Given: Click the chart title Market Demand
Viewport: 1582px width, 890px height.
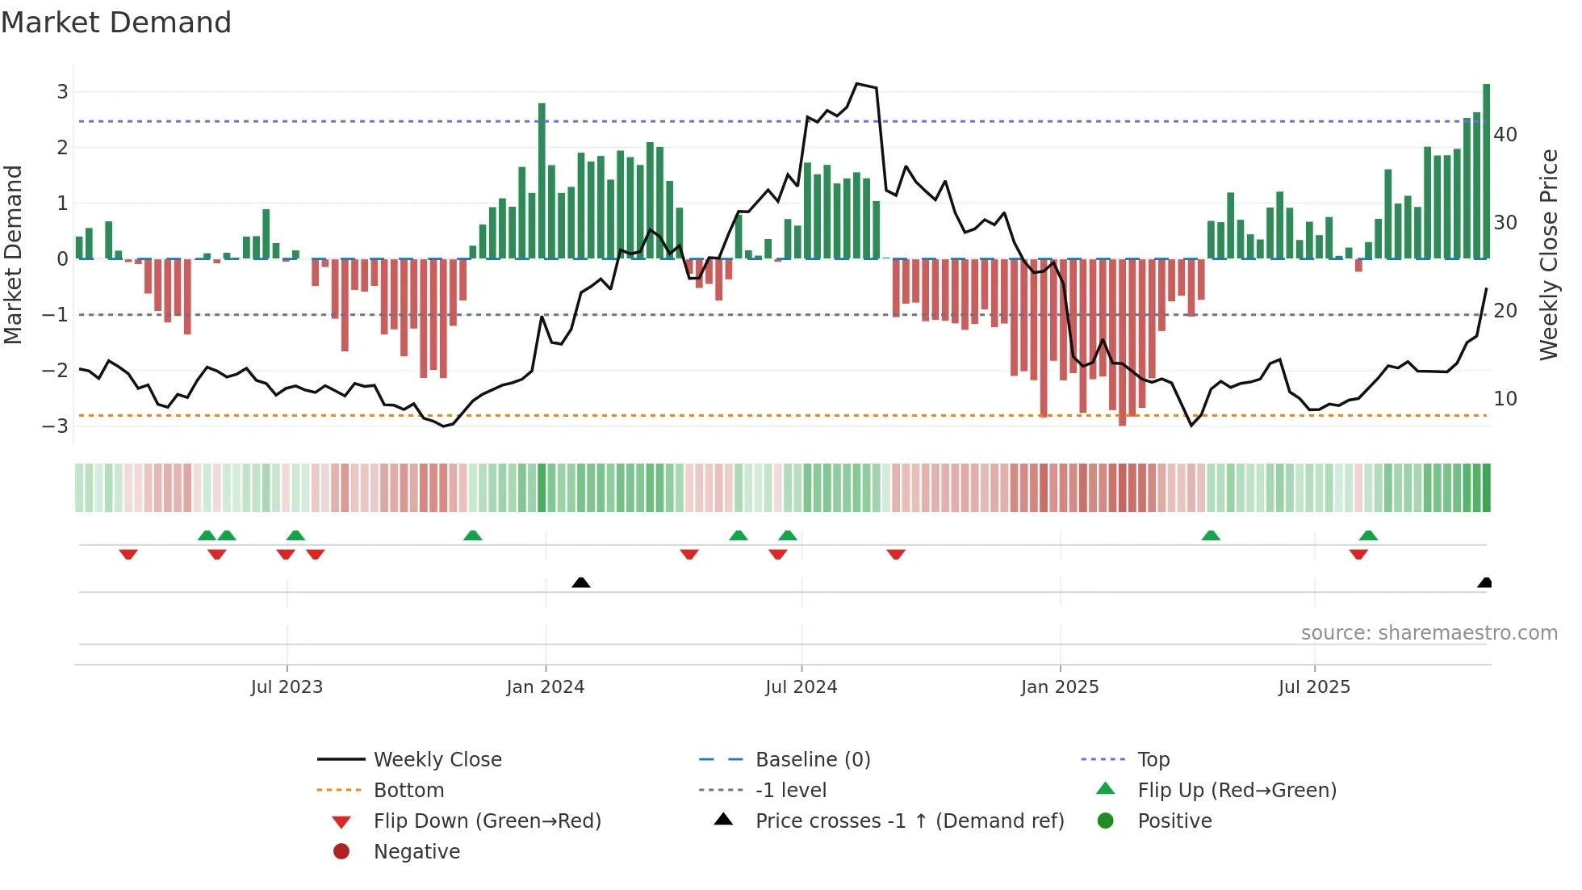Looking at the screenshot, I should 116,23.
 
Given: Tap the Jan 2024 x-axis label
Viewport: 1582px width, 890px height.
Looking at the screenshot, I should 545,687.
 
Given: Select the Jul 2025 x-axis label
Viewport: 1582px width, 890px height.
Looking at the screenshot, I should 1313,687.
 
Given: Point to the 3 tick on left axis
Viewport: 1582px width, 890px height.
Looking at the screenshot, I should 62,92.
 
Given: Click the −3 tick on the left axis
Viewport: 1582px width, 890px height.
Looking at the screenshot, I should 56,426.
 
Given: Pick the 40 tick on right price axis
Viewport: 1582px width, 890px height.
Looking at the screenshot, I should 1505,135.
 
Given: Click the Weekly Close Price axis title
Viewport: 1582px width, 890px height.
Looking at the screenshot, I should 1548,254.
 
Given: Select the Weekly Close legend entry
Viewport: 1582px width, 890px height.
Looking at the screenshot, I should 437,760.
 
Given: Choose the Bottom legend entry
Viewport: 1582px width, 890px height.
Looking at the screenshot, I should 408,791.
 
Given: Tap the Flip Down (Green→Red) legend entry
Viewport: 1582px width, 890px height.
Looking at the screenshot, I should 487,821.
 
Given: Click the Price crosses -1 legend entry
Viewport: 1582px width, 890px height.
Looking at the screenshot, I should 909,821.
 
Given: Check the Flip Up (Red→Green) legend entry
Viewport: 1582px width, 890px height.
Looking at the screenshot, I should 1237,791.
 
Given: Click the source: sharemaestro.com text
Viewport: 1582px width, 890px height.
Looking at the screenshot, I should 1429,633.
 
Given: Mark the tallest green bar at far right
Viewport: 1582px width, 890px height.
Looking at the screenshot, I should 1486,171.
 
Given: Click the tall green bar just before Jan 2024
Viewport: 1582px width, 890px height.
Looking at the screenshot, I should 542,181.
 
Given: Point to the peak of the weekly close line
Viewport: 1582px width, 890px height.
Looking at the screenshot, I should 857,84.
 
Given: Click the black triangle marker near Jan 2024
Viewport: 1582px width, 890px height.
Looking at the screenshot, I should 580,582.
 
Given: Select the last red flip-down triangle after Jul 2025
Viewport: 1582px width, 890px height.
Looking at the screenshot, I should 1358,555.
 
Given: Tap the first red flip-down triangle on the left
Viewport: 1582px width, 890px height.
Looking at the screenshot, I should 128,555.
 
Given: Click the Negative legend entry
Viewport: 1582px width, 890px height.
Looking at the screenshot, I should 416,852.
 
